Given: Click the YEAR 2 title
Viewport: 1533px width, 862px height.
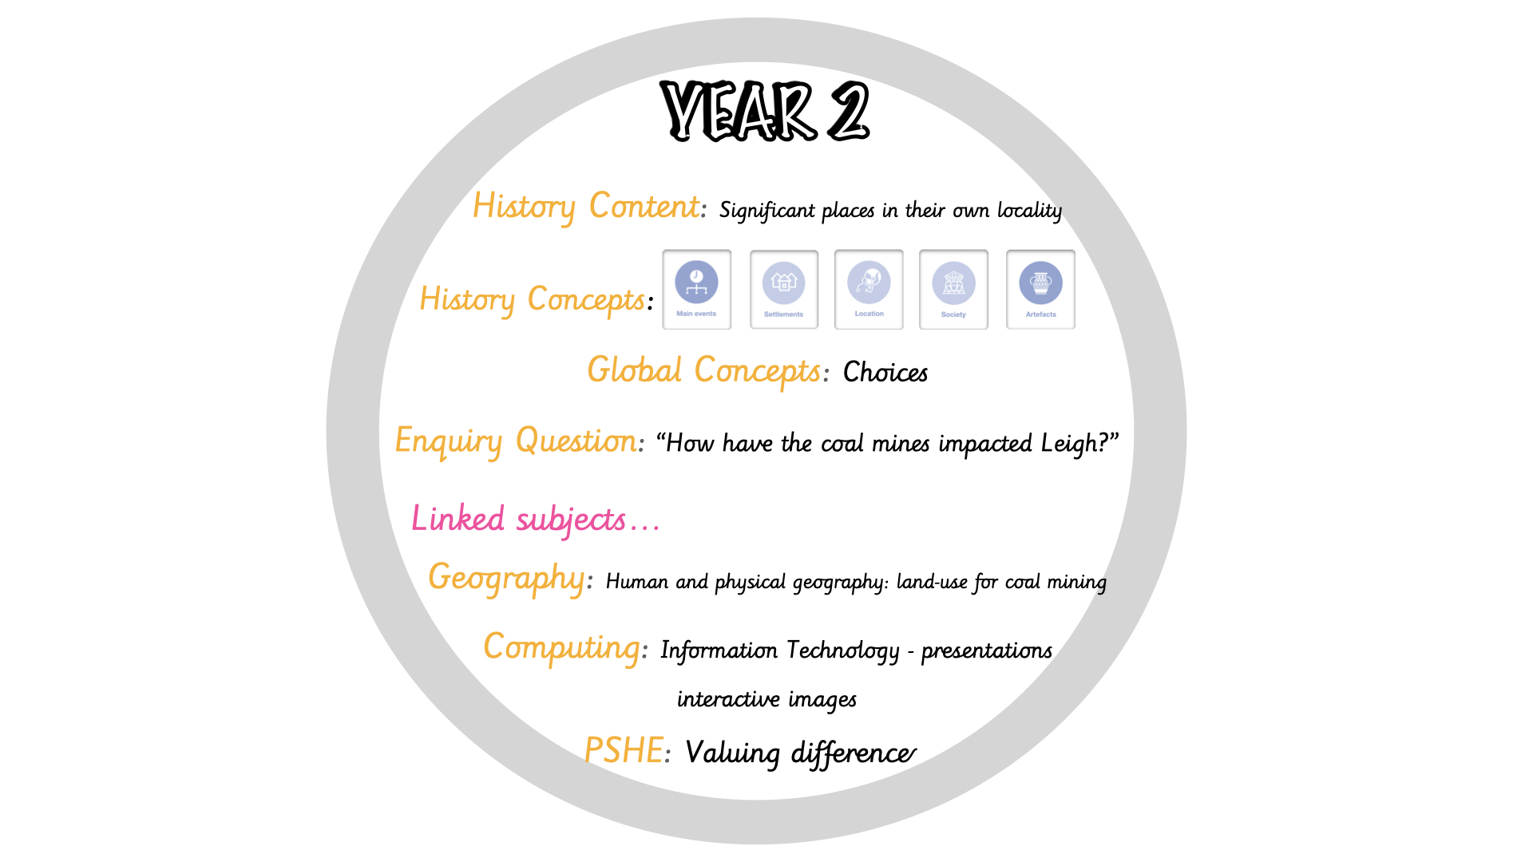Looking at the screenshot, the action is click(765, 111).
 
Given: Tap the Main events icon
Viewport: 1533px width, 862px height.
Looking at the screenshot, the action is click(696, 289).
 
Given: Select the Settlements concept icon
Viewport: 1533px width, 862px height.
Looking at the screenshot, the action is click(784, 290).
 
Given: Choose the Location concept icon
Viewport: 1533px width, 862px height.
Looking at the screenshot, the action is click(869, 289).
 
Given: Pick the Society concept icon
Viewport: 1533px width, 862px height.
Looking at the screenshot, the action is click(953, 290).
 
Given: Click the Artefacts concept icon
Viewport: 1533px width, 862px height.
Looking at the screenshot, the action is click(1040, 290).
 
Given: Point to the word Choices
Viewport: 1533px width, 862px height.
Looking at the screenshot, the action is click(885, 372).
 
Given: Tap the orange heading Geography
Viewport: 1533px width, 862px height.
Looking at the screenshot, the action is click(506, 578).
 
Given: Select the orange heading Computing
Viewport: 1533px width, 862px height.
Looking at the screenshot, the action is click(561, 647).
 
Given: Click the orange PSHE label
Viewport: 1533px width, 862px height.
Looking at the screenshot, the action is click(624, 750).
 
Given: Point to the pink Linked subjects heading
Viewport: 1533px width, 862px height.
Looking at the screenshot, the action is click(535, 519).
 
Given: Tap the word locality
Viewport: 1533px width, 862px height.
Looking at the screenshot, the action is click(1029, 211).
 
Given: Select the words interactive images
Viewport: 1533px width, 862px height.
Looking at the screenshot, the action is click(766, 699).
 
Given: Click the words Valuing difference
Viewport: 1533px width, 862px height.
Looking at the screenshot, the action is click(800, 753).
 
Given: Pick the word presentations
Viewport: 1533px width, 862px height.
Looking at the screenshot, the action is click(987, 651).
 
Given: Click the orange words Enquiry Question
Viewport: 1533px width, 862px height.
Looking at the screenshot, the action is click(516, 441).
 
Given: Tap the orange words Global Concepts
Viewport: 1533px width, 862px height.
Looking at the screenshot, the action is click(703, 371).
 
